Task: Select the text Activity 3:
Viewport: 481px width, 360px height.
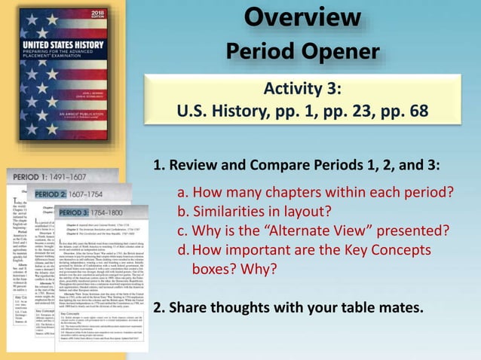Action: (x=302, y=90)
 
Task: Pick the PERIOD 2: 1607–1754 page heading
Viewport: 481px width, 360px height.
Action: (x=72, y=194)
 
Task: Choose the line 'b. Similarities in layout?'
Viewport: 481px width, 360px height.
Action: (x=254, y=211)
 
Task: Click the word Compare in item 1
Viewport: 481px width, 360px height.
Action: (x=267, y=166)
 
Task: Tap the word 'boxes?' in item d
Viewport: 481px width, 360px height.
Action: (x=215, y=269)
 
